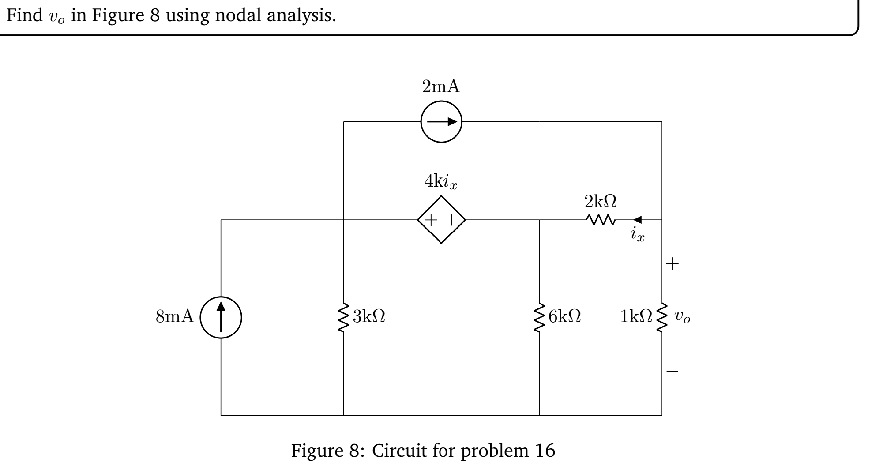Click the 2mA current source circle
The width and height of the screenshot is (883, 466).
point(441,122)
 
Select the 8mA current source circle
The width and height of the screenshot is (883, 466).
point(221,317)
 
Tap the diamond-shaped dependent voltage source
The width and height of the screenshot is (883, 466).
point(441,220)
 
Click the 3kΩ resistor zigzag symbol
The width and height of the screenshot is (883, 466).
point(344,317)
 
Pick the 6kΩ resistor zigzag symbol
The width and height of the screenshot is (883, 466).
point(539,317)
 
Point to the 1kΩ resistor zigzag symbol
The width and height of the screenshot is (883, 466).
point(661,317)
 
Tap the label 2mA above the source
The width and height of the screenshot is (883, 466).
point(441,87)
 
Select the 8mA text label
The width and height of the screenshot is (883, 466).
point(175,317)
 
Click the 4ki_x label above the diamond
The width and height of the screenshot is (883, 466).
point(441,181)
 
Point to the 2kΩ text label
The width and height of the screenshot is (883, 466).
point(600,202)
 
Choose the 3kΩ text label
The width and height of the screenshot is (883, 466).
point(369,316)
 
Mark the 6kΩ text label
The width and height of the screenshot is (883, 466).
point(564,316)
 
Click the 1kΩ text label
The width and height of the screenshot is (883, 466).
point(636,316)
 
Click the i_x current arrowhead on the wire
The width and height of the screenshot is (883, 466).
point(638,219)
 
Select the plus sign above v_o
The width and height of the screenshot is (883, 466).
point(673,264)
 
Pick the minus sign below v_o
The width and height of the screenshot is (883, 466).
point(673,371)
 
